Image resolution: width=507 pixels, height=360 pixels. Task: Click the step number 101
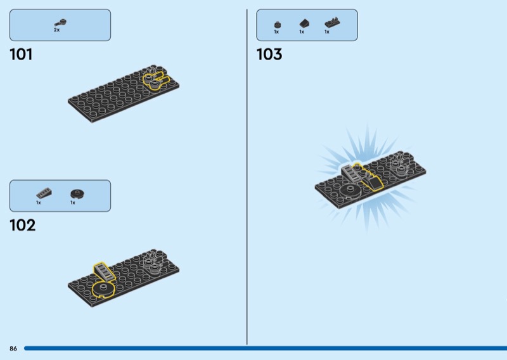pyautogui.click(x=21, y=55)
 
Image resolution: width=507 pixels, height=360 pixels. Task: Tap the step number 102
pyautogui.click(x=23, y=225)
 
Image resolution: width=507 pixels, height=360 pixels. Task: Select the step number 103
pyautogui.click(x=269, y=55)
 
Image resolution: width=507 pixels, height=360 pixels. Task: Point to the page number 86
pyautogui.click(x=13, y=349)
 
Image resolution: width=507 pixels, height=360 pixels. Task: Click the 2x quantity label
pyautogui.click(x=56, y=30)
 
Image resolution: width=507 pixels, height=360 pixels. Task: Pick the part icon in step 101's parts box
pyautogui.click(x=60, y=23)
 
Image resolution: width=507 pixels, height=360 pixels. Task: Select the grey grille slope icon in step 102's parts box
pyautogui.click(x=44, y=193)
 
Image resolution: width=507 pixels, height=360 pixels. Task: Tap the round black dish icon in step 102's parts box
pyautogui.click(x=77, y=194)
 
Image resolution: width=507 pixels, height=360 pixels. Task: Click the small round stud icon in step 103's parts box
pyautogui.click(x=278, y=25)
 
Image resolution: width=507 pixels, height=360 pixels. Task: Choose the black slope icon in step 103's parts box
pyautogui.click(x=304, y=23)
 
